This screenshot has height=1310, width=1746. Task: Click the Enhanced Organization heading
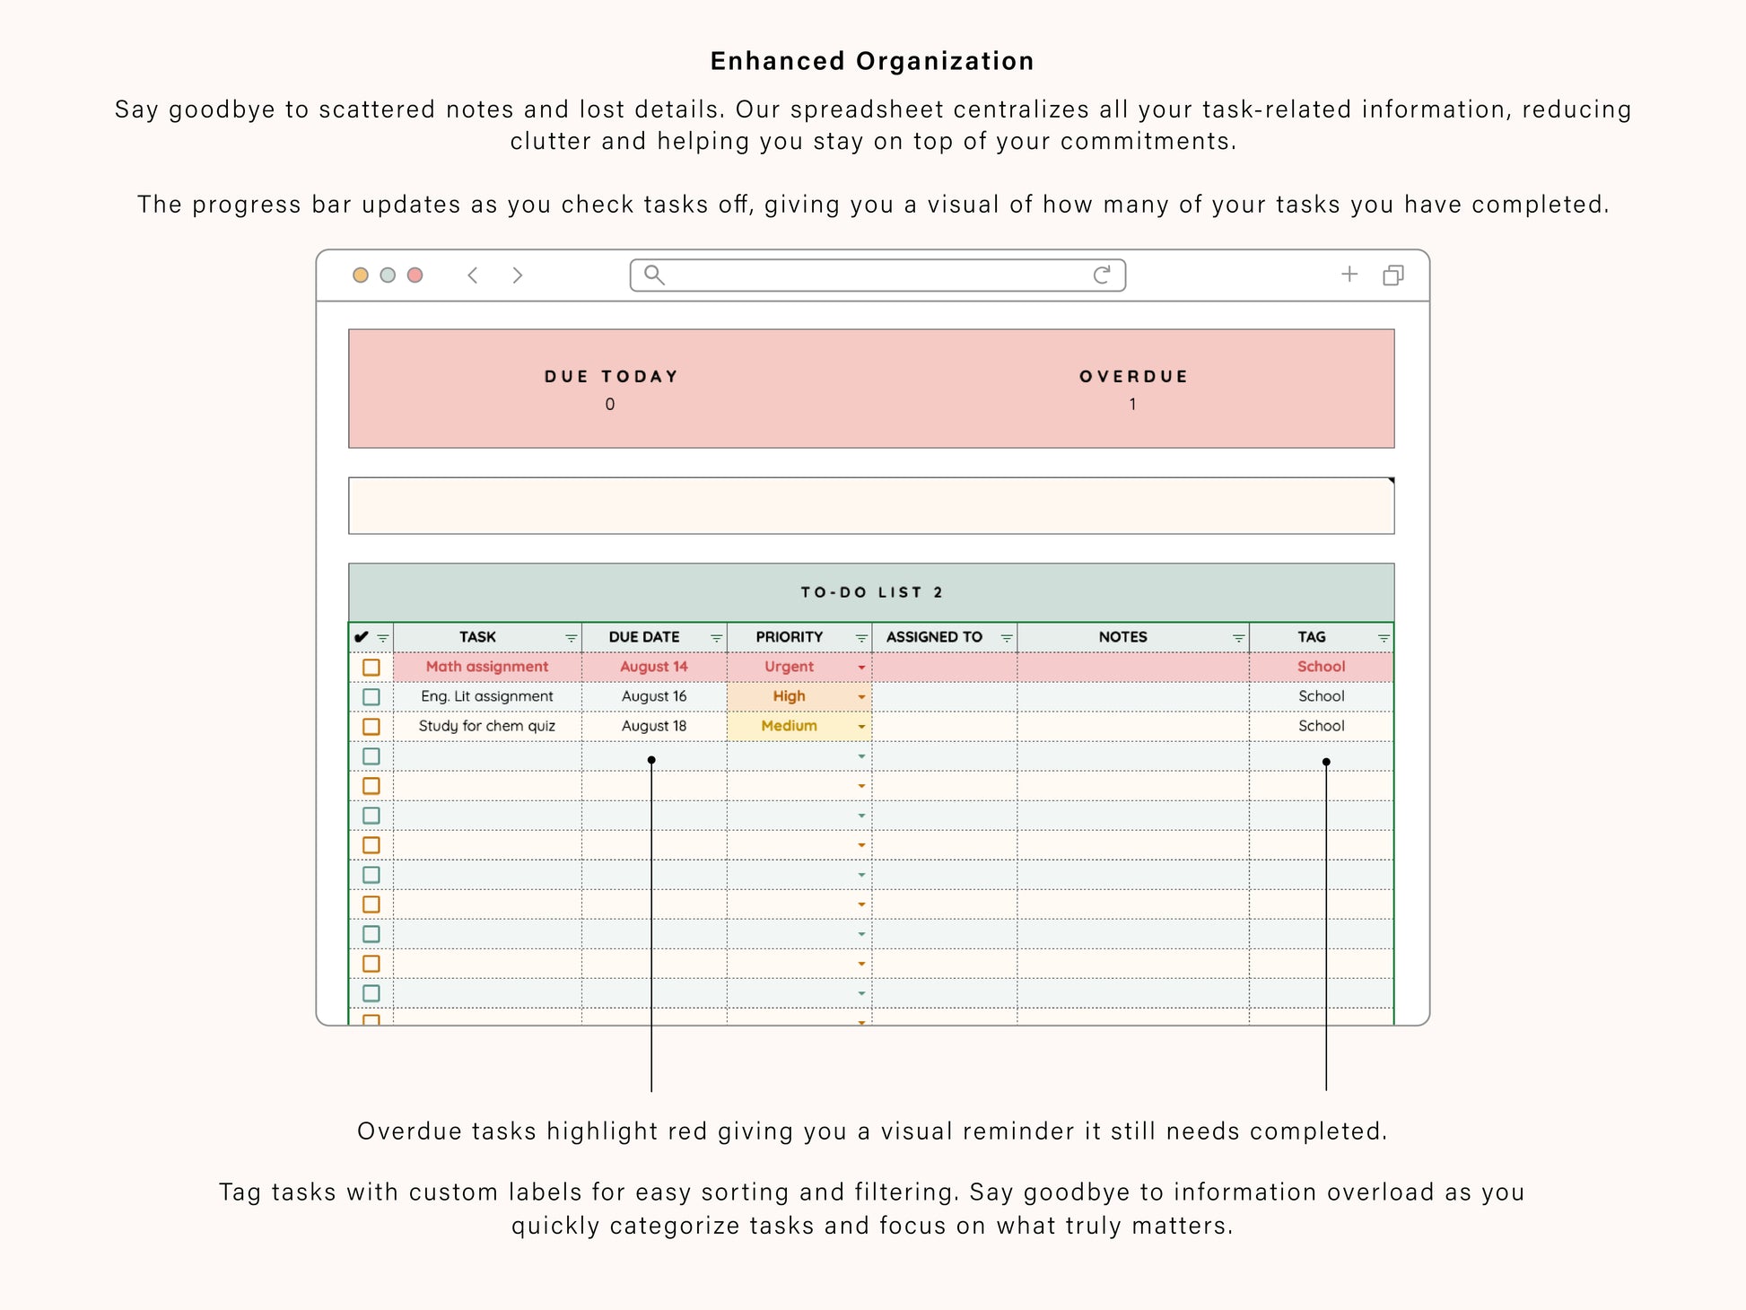point(872,61)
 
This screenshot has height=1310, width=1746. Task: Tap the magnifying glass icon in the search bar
point(654,275)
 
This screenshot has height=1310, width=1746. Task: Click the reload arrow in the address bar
point(1102,275)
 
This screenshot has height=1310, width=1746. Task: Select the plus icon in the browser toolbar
point(1349,275)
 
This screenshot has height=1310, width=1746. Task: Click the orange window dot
point(361,275)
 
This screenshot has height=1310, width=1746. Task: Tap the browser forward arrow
point(517,275)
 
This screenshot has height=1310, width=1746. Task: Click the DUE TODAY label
point(611,377)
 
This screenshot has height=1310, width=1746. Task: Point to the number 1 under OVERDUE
point(1132,405)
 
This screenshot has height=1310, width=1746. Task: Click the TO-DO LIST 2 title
point(871,592)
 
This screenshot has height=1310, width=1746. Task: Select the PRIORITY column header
point(789,637)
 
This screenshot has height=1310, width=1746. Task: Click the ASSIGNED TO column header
point(934,637)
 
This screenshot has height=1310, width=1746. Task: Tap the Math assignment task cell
point(487,667)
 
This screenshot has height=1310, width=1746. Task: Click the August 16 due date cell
point(654,696)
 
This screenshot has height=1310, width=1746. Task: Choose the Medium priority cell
point(789,726)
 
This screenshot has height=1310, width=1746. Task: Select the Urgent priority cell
point(789,667)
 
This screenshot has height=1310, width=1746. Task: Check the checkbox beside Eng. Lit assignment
point(371,697)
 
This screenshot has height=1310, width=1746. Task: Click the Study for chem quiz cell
point(487,726)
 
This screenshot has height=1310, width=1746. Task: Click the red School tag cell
point(1321,667)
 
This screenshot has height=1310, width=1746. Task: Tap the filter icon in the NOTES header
point(1238,638)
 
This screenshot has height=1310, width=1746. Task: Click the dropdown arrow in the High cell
point(861,697)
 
